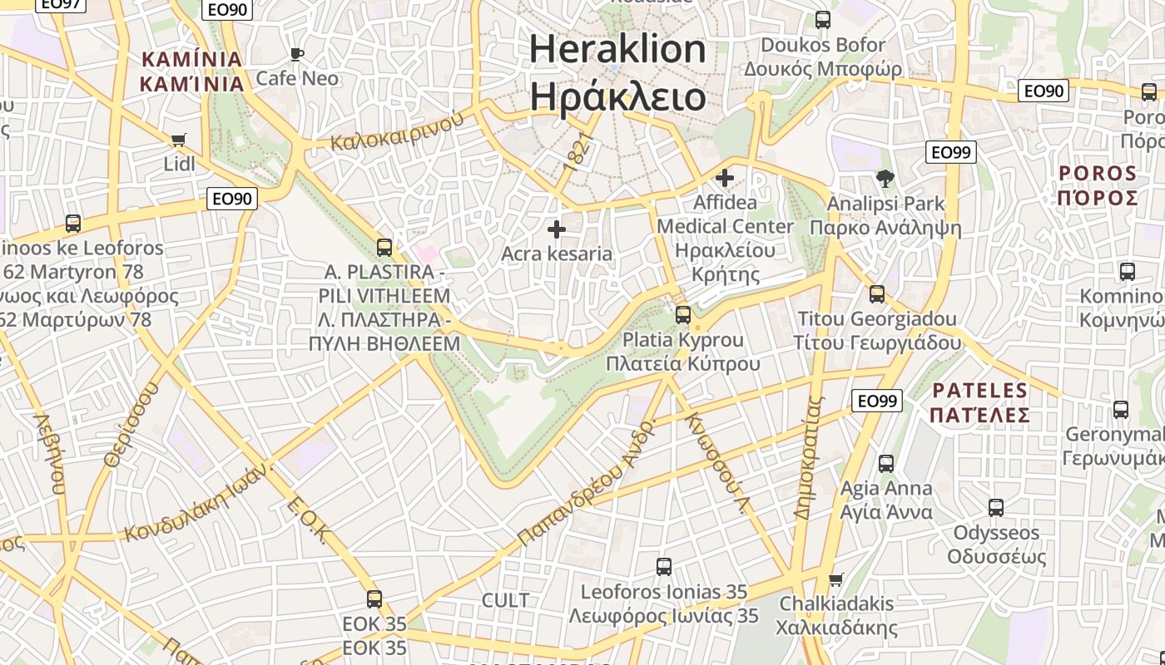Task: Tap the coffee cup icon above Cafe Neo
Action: pos(297,55)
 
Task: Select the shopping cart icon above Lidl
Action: pos(178,140)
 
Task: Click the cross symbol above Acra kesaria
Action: pos(557,229)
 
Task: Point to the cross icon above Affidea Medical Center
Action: pos(725,177)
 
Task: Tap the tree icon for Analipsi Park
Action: pos(885,178)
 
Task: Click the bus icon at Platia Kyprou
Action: pos(683,315)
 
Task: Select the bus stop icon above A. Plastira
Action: pos(384,247)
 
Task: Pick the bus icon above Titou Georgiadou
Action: pos(877,293)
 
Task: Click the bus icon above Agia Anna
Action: pos(886,463)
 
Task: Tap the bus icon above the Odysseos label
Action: pos(996,507)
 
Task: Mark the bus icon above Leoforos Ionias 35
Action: pos(663,567)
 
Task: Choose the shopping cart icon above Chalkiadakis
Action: pos(836,579)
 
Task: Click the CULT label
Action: pos(505,600)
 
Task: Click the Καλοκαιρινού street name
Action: pos(397,131)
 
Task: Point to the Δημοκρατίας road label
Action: pos(808,457)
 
